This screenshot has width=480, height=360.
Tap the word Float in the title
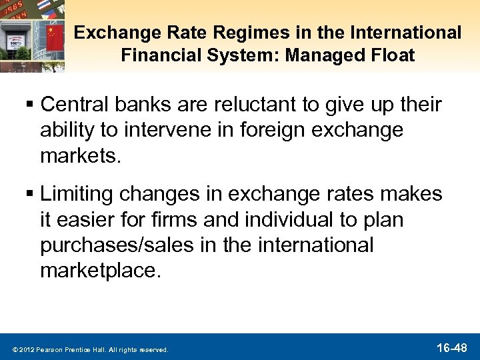pos(392,54)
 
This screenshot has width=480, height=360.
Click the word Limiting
pos(75,194)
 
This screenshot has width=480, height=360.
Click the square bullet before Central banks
pos(30,105)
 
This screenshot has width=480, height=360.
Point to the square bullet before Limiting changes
pos(30,195)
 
